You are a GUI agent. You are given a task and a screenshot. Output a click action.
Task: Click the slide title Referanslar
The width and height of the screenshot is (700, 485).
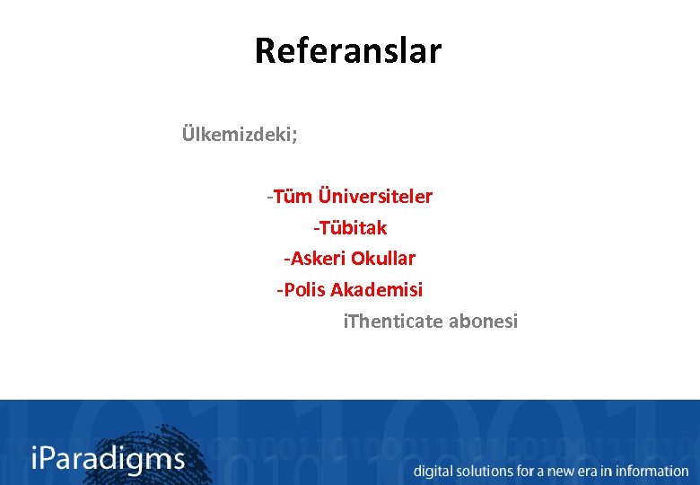[x=348, y=51]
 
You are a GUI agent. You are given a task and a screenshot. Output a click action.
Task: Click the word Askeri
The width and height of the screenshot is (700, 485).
[x=315, y=259]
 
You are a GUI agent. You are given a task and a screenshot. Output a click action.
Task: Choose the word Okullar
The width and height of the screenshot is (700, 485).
[x=383, y=259]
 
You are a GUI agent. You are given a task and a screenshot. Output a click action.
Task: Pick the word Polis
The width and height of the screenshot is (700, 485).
[x=303, y=290]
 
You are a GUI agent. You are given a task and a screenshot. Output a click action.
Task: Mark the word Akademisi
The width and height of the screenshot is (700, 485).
[x=377, y=290]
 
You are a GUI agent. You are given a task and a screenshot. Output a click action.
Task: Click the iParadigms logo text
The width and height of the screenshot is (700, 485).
[x=108, y=460]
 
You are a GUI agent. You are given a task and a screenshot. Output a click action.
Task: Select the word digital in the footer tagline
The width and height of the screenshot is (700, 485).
[x=433, y=471]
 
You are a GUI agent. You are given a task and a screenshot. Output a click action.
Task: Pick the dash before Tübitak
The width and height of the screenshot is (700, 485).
[x=315, y=228]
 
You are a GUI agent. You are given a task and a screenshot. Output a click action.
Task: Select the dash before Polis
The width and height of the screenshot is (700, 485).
[x=279, y=290]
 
